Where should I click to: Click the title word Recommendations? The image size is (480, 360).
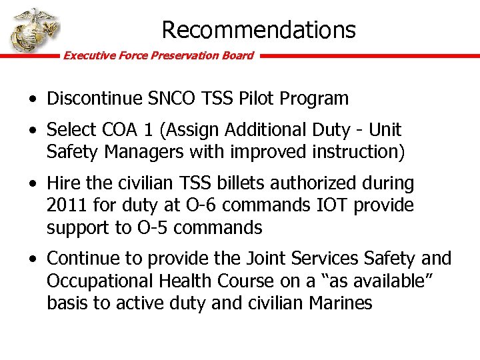pyautogui.click(x=259, y=29)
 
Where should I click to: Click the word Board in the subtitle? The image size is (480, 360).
pyautogui.click(x=238, y=55)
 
